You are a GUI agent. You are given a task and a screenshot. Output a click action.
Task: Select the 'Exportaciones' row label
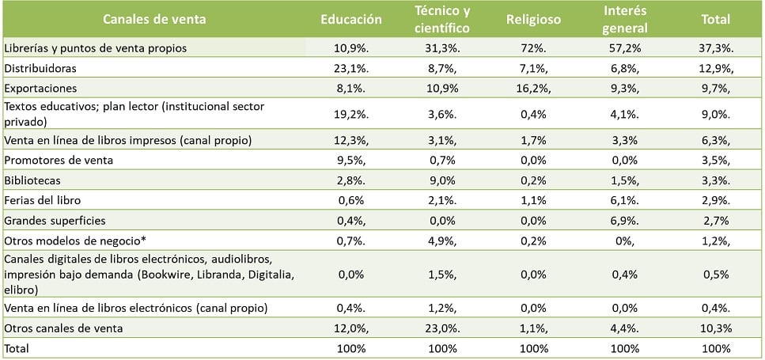click(40, 88)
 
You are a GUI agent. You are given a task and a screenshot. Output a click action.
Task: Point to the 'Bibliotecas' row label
click(32, 180)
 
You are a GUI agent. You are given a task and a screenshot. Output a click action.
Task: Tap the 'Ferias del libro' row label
click(43, 200)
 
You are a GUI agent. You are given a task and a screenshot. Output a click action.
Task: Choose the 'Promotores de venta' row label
click(59, 161)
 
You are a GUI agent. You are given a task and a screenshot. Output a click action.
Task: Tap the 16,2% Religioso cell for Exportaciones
click(532, 88)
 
